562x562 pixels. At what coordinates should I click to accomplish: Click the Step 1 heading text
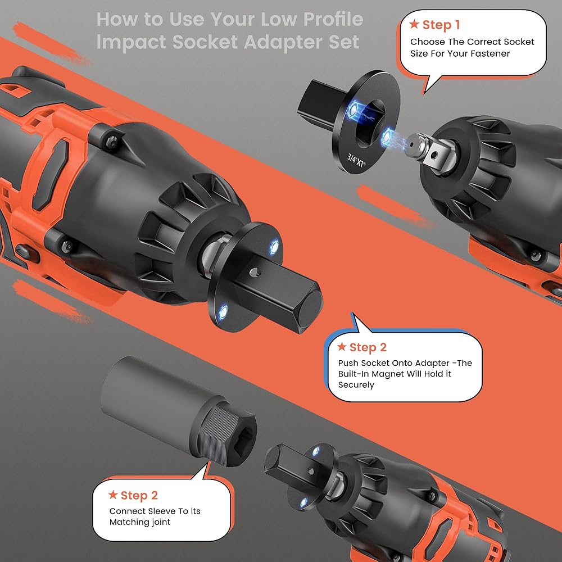[441, 25]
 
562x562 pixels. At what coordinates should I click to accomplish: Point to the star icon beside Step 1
[414, 24]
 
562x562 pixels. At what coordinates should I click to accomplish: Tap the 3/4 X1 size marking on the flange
[356, 160]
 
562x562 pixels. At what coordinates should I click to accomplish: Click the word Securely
[356, 385]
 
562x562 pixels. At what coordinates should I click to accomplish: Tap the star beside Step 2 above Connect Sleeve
[113, 495]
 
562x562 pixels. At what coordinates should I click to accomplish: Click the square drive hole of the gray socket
[241, 436]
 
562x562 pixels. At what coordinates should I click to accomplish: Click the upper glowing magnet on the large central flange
[274, 247]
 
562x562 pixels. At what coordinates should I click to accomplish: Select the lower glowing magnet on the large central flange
[223, 311]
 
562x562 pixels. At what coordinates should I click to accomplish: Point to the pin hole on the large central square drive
[255, 273]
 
